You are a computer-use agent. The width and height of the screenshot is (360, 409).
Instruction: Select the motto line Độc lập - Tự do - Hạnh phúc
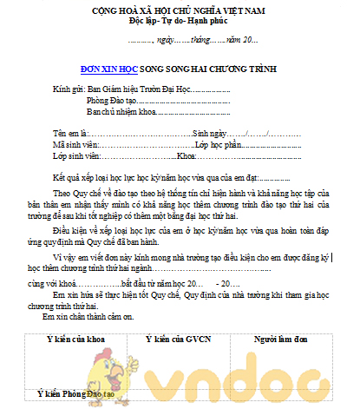point(181,20)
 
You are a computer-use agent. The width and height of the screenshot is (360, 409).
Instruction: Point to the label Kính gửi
point(68,89)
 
